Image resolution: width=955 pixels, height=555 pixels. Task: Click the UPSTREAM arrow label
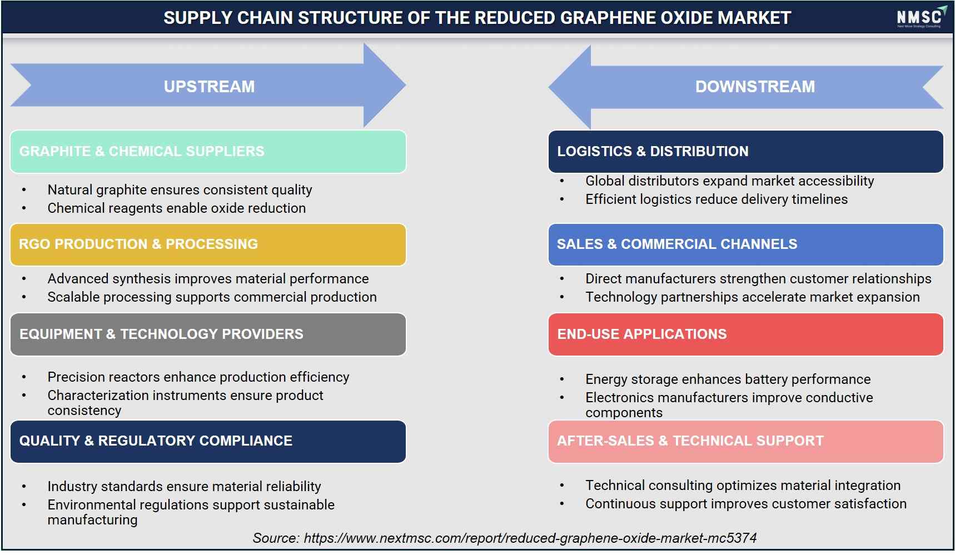pos(209,87)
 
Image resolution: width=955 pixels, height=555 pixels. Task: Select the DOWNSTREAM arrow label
pos(755,87)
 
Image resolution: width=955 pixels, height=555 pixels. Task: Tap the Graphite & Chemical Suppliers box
pos(208,152)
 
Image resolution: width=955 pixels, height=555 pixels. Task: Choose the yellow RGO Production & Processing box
pos(208,244)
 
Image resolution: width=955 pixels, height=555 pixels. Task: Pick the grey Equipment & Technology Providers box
pos(208,334)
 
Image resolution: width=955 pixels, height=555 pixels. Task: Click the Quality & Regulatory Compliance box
pos(208,442)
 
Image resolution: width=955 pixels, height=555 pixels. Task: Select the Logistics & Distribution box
pos(745,152)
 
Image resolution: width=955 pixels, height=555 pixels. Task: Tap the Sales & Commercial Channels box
pos(745,244)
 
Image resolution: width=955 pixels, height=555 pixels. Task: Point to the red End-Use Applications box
pos(745,334)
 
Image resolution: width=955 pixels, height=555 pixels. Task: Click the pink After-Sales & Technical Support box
pos(745,442)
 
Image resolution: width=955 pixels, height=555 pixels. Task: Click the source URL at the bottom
pos(530,538)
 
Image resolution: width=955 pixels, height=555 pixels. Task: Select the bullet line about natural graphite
pos(180,190)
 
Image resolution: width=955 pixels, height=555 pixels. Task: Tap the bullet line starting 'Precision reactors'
pos(198,377)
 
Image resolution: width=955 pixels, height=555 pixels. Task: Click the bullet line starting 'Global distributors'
pos(729,181)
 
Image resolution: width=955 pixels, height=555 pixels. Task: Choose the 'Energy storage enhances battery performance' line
pos(728,379)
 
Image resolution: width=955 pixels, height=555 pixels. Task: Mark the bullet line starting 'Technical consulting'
pos(743,486)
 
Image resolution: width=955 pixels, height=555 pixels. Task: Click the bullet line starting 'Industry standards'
pos(184,487)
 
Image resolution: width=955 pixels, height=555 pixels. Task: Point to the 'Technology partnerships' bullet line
pos(752,297)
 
